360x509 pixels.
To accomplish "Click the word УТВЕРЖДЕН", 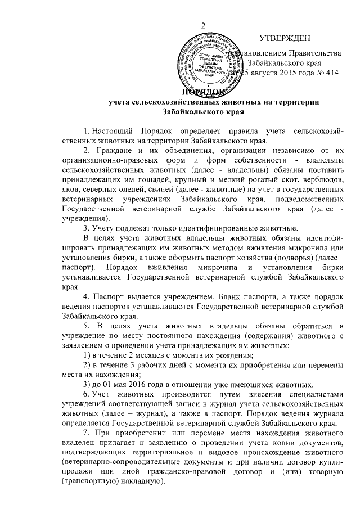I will [x=284, y=39].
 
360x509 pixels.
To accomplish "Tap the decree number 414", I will [x=332, y=73].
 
